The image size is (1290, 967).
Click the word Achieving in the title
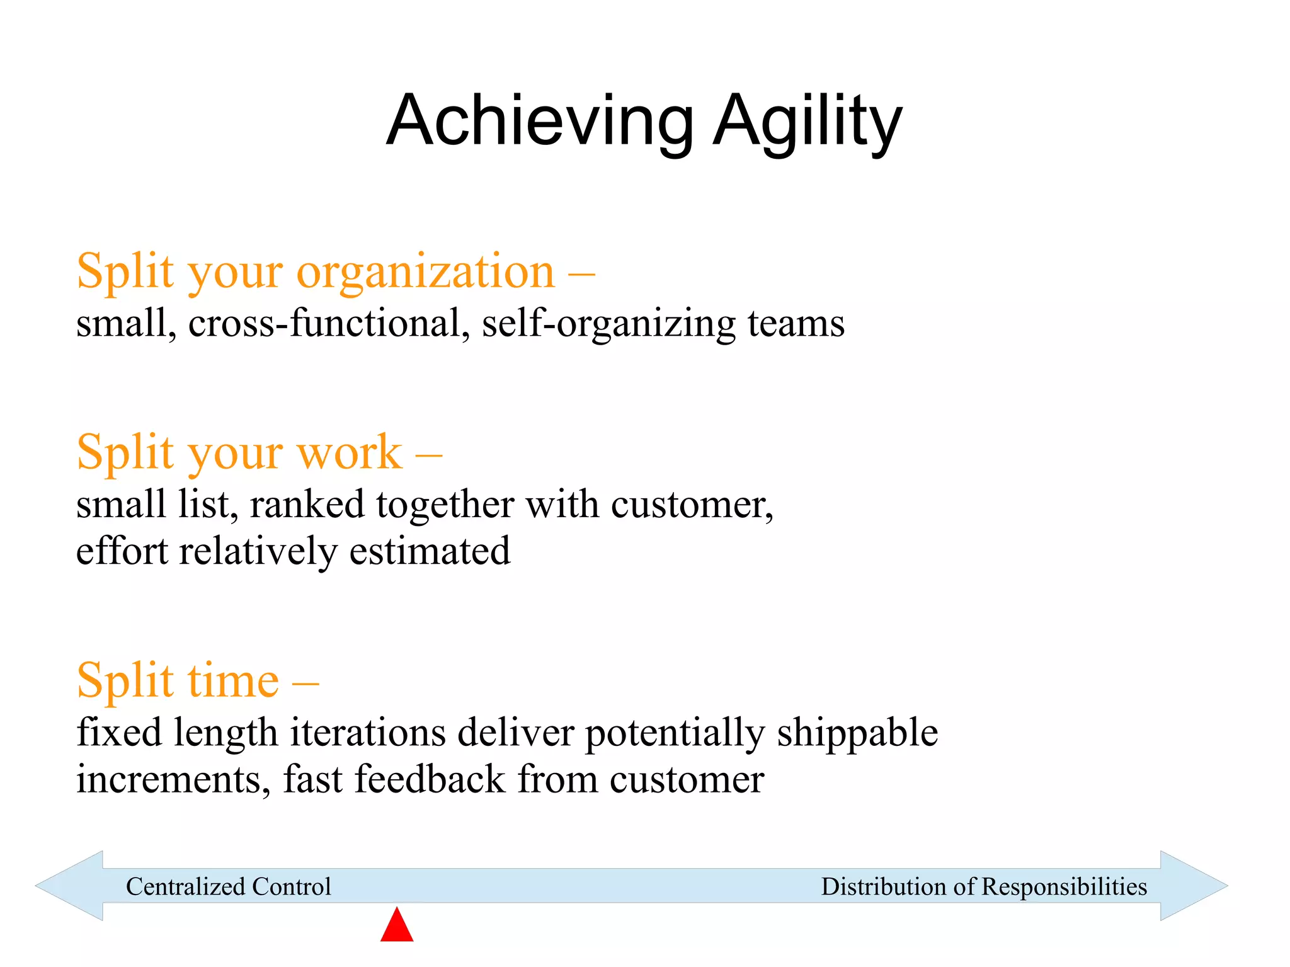click(x=540, y=121)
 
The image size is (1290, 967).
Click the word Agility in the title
click(x=808, y=121)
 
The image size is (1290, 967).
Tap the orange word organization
click(x=426, y=273)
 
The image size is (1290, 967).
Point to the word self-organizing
click(x=608, y=324)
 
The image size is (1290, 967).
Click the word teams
click(x=796, y=324)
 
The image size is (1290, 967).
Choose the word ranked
click(x=307, y=505)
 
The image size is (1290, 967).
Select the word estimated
click(x=430, y=551)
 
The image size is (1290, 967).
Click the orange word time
click(x=233, y=681)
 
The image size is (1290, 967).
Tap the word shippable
click(x=857, y=733)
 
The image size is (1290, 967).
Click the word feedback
click(x=430, y=779)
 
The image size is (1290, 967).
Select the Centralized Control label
click(x=228, y=886)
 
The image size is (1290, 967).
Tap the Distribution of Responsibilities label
click(x=984, y=886)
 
